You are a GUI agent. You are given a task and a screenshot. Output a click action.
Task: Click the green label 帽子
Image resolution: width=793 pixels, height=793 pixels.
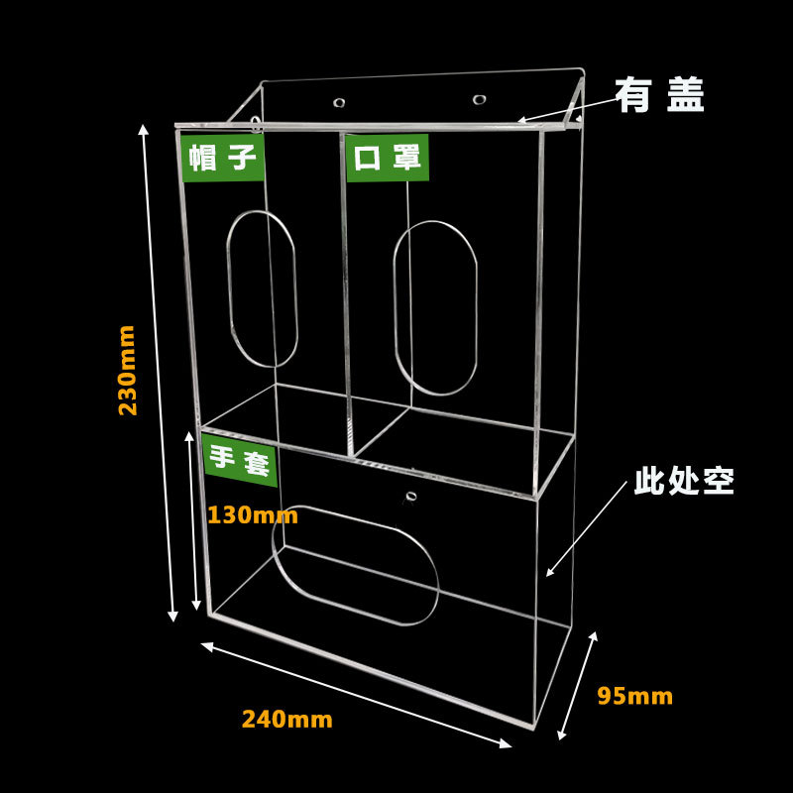tap(223, 158)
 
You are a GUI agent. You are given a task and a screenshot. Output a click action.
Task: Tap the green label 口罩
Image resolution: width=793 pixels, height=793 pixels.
tap(388, 158)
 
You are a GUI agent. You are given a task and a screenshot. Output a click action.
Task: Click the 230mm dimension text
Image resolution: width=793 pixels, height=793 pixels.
tap(128, 370)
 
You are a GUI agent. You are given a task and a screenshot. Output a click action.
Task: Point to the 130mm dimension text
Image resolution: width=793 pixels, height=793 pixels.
tap(252, 515)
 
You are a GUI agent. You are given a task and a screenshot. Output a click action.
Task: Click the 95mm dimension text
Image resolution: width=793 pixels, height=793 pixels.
tap(634, 696)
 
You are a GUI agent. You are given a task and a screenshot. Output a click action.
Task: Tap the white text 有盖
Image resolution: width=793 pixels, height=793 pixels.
tap(660, 96)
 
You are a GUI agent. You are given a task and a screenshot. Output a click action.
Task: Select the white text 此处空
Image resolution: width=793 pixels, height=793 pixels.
tap(684, 482)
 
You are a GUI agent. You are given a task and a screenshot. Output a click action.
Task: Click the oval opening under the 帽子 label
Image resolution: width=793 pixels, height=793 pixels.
tap(264, 288)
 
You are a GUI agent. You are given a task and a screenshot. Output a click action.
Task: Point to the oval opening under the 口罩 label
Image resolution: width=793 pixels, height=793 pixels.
tap(436, 307)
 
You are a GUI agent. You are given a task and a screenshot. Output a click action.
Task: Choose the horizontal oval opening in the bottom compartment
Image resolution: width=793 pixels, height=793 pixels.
tap(355, 565)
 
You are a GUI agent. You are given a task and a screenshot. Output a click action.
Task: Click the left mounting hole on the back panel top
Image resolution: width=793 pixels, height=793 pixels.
tap(340, 102)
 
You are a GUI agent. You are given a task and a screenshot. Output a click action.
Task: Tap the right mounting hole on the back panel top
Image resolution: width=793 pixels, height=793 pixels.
tap(480, 99)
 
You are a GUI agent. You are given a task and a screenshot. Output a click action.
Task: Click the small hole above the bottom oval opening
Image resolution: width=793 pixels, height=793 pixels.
tap(410, 495)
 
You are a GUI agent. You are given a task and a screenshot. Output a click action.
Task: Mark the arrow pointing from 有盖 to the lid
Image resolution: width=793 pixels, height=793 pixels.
tap(560, 112)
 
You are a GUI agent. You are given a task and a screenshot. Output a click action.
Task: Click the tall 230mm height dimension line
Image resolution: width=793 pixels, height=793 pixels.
tap(159, 373)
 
